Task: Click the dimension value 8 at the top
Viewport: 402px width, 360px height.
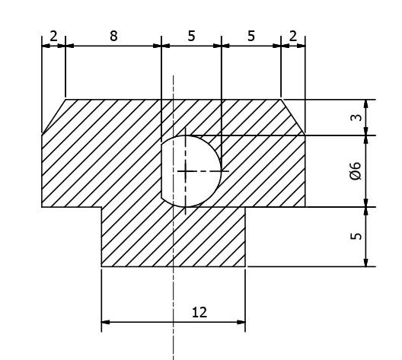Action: (113, 36)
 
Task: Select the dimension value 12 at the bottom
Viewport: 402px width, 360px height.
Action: (199, 312)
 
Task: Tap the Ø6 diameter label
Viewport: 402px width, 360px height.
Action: (356, 171)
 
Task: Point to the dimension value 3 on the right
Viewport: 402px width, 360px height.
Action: (356, 117)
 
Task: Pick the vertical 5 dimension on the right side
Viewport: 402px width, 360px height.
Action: (356, 236)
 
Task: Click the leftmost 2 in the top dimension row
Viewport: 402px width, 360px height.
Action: (53, 36)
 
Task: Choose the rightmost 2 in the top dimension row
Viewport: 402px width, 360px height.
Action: (293, 36)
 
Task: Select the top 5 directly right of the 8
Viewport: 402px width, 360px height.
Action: (191, 36)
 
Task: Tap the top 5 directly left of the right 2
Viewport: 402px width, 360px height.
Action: (251, 36)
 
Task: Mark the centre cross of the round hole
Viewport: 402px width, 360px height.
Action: (185, 171)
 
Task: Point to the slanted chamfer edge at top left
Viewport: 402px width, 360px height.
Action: (53, 116)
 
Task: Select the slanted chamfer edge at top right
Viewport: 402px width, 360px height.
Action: (293, 117)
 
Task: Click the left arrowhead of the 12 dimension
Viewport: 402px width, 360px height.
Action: (105, 322)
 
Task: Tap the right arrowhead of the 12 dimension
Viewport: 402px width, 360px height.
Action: (241, 322)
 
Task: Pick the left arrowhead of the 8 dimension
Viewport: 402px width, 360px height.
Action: (70, 46)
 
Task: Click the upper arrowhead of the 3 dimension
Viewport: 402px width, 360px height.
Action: (366, 104)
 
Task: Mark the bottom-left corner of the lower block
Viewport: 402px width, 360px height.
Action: (101, 266)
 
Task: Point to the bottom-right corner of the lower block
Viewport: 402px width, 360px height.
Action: (245, 266)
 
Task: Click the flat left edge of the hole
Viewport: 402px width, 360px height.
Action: (161, 171)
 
